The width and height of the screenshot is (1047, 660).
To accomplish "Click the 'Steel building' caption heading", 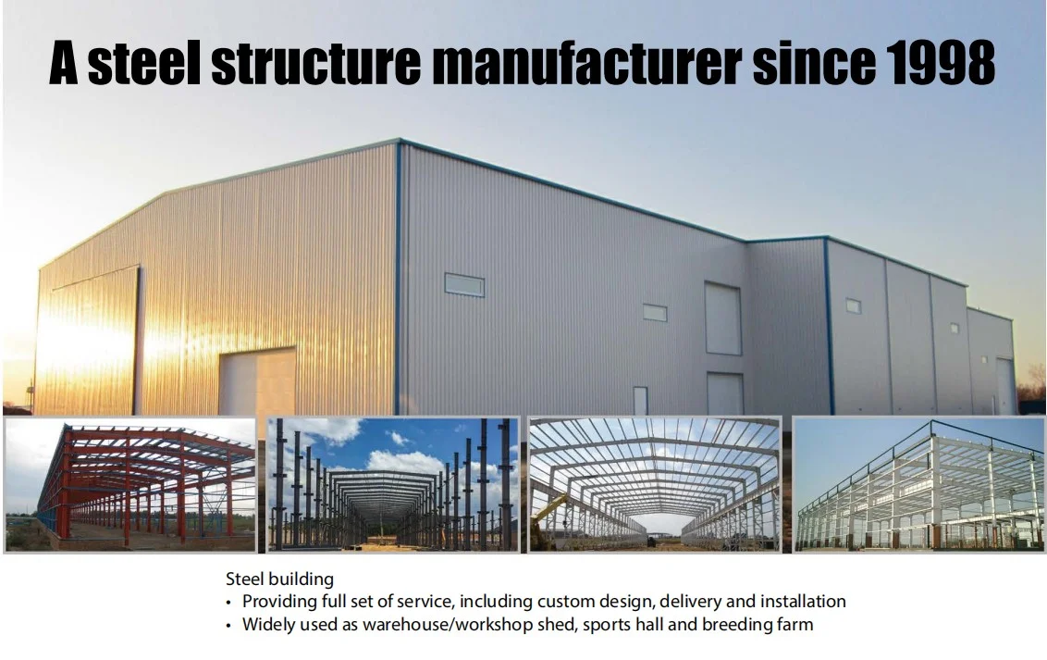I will tap(279, 579).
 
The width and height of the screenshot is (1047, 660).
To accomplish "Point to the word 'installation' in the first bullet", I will tap(800, 602).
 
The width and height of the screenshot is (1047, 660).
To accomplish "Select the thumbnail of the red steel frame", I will tap(129, 484).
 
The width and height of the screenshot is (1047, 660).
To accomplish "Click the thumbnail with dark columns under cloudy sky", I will tap(392, 484).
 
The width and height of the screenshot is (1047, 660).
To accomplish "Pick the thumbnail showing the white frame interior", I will tap(654, 484).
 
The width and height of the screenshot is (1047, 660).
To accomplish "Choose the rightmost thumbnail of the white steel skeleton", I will tap(918, 484).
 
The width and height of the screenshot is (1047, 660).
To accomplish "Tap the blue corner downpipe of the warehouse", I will tap(399, 278).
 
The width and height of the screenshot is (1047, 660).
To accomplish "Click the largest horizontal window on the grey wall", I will tap(464, 284).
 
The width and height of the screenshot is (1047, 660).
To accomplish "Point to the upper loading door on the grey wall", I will tap(723, 318).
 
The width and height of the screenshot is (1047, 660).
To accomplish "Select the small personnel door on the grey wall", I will tap(640, 400).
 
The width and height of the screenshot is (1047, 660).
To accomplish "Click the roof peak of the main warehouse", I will tap(400, 142).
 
